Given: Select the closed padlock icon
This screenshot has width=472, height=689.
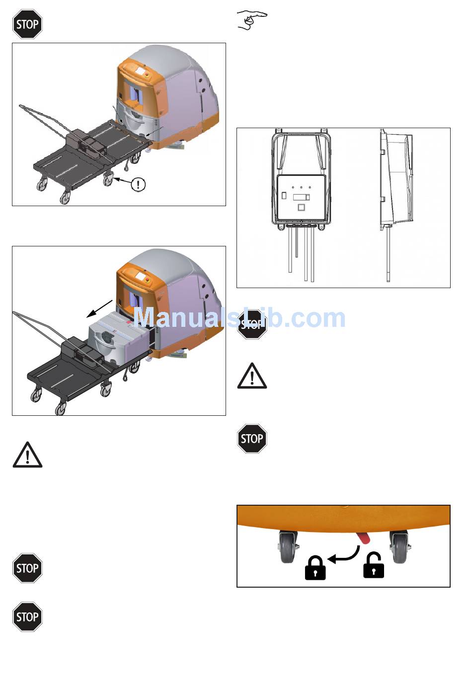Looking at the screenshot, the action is pyautogui.click(x=315, y=568).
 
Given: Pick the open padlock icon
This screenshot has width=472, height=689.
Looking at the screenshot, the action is pyautogui.click(x=374, y=565).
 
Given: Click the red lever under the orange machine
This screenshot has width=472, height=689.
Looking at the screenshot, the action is pyautogui.click(x=364, y=538).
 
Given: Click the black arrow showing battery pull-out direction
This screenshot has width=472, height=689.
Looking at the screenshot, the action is pyautogui.click(x=99, y=308).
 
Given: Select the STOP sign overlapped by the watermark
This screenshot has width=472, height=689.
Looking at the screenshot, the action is pyautogui.click(x=252, y=324).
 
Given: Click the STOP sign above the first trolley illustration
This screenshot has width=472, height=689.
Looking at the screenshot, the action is pyautogui.click(x=27, y=24).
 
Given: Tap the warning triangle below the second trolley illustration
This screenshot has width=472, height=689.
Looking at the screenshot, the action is pyautogui.click(x=27, y=455).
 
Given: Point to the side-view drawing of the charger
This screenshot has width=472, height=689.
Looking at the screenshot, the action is pyautogui.click(x=396, y=205).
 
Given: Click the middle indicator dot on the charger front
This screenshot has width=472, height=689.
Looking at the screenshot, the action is pyautogui.click(x=301, y=187).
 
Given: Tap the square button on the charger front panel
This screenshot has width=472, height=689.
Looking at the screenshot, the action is pyautogui.click(x=301, y=207).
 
